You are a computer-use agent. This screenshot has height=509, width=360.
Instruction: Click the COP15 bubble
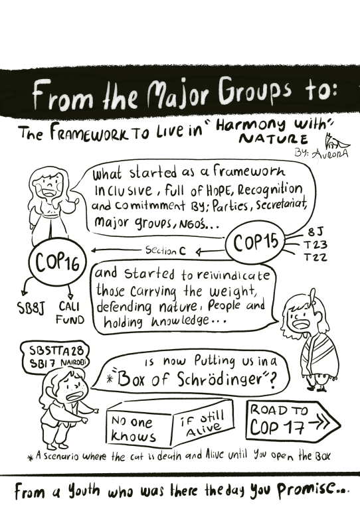click(x=255, y=242)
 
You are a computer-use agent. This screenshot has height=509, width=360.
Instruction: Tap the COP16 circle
click(x=58, y=261)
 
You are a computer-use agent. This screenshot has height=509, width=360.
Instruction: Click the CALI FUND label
click(x=70, y=313)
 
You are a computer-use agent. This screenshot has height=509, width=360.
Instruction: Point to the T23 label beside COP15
click(x=315, y=244)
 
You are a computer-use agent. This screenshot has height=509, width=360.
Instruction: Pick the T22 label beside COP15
click(x=315, y=257)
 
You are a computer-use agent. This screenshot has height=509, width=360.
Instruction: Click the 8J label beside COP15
click(x=315, y=232)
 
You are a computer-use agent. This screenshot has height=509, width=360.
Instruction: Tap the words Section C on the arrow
click(x=165, y=250)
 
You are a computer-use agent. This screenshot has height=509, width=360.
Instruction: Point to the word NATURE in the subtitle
click(x=273, y=139)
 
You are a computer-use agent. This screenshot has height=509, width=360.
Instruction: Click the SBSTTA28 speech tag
click(x=54, y=356)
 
